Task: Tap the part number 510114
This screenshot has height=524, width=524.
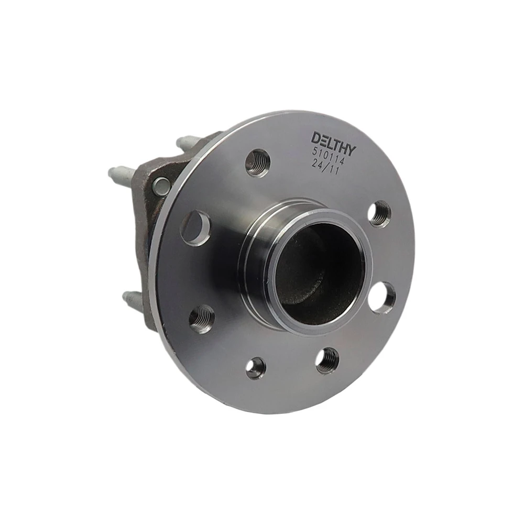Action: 328,157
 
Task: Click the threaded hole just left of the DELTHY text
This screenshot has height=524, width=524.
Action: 258,163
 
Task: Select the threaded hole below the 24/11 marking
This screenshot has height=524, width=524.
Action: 379,214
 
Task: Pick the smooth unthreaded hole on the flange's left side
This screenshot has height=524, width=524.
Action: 196,228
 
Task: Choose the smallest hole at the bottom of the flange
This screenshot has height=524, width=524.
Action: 256,368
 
